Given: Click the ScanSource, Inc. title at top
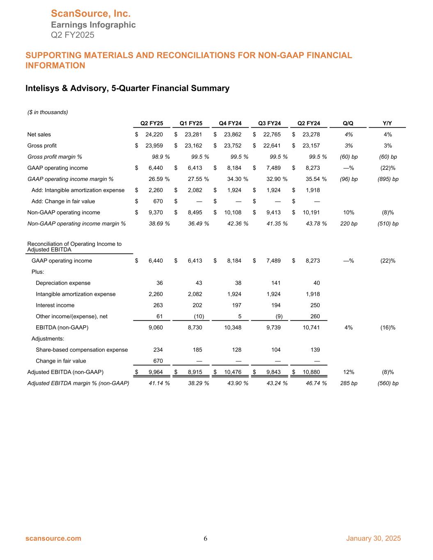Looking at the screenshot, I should coord(91,14).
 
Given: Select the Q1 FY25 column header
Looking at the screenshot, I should coord(191,123).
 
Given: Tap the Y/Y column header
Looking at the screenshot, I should coord(387,123).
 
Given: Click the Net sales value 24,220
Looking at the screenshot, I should coord(154,135).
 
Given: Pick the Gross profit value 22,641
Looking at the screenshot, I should coord(272,146).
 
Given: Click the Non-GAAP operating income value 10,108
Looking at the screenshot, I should coord(232,213).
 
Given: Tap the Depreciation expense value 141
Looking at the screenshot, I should coord(275,283).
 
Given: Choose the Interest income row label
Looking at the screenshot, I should coord(55,305).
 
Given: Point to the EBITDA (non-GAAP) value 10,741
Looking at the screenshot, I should coord(311,327).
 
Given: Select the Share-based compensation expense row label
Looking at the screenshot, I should coord(82,350).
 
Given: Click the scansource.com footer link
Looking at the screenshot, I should coord(53,538).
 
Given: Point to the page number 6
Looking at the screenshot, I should coord(206,539).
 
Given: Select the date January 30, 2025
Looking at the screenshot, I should coord(373,538).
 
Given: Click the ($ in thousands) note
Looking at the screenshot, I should coord(48,112).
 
